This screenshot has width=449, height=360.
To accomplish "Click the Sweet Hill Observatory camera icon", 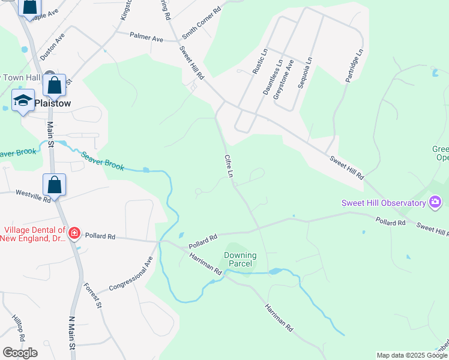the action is pyautogui.click(x=435, y=202).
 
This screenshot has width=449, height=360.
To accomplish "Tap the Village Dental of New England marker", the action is pyautogui.click(x=74, y=233).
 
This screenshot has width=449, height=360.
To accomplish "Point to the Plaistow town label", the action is pyautogui.click(x=53, y=103).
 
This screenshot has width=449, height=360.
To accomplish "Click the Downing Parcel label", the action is pyautogui.click(x=240, y=260).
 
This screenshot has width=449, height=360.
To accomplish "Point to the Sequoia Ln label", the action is pyautogui.click(x=306, y=73).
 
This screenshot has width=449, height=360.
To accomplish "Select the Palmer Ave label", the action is pyautogui.click(x=146, y=38).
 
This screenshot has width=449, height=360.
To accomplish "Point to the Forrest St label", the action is pyautogui.click(x=92, y=296).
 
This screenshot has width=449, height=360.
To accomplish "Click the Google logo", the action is pyautogui.click(x=20, y=353).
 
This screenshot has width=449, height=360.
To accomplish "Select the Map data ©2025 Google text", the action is pyautogui.click(x=411, y=355).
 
